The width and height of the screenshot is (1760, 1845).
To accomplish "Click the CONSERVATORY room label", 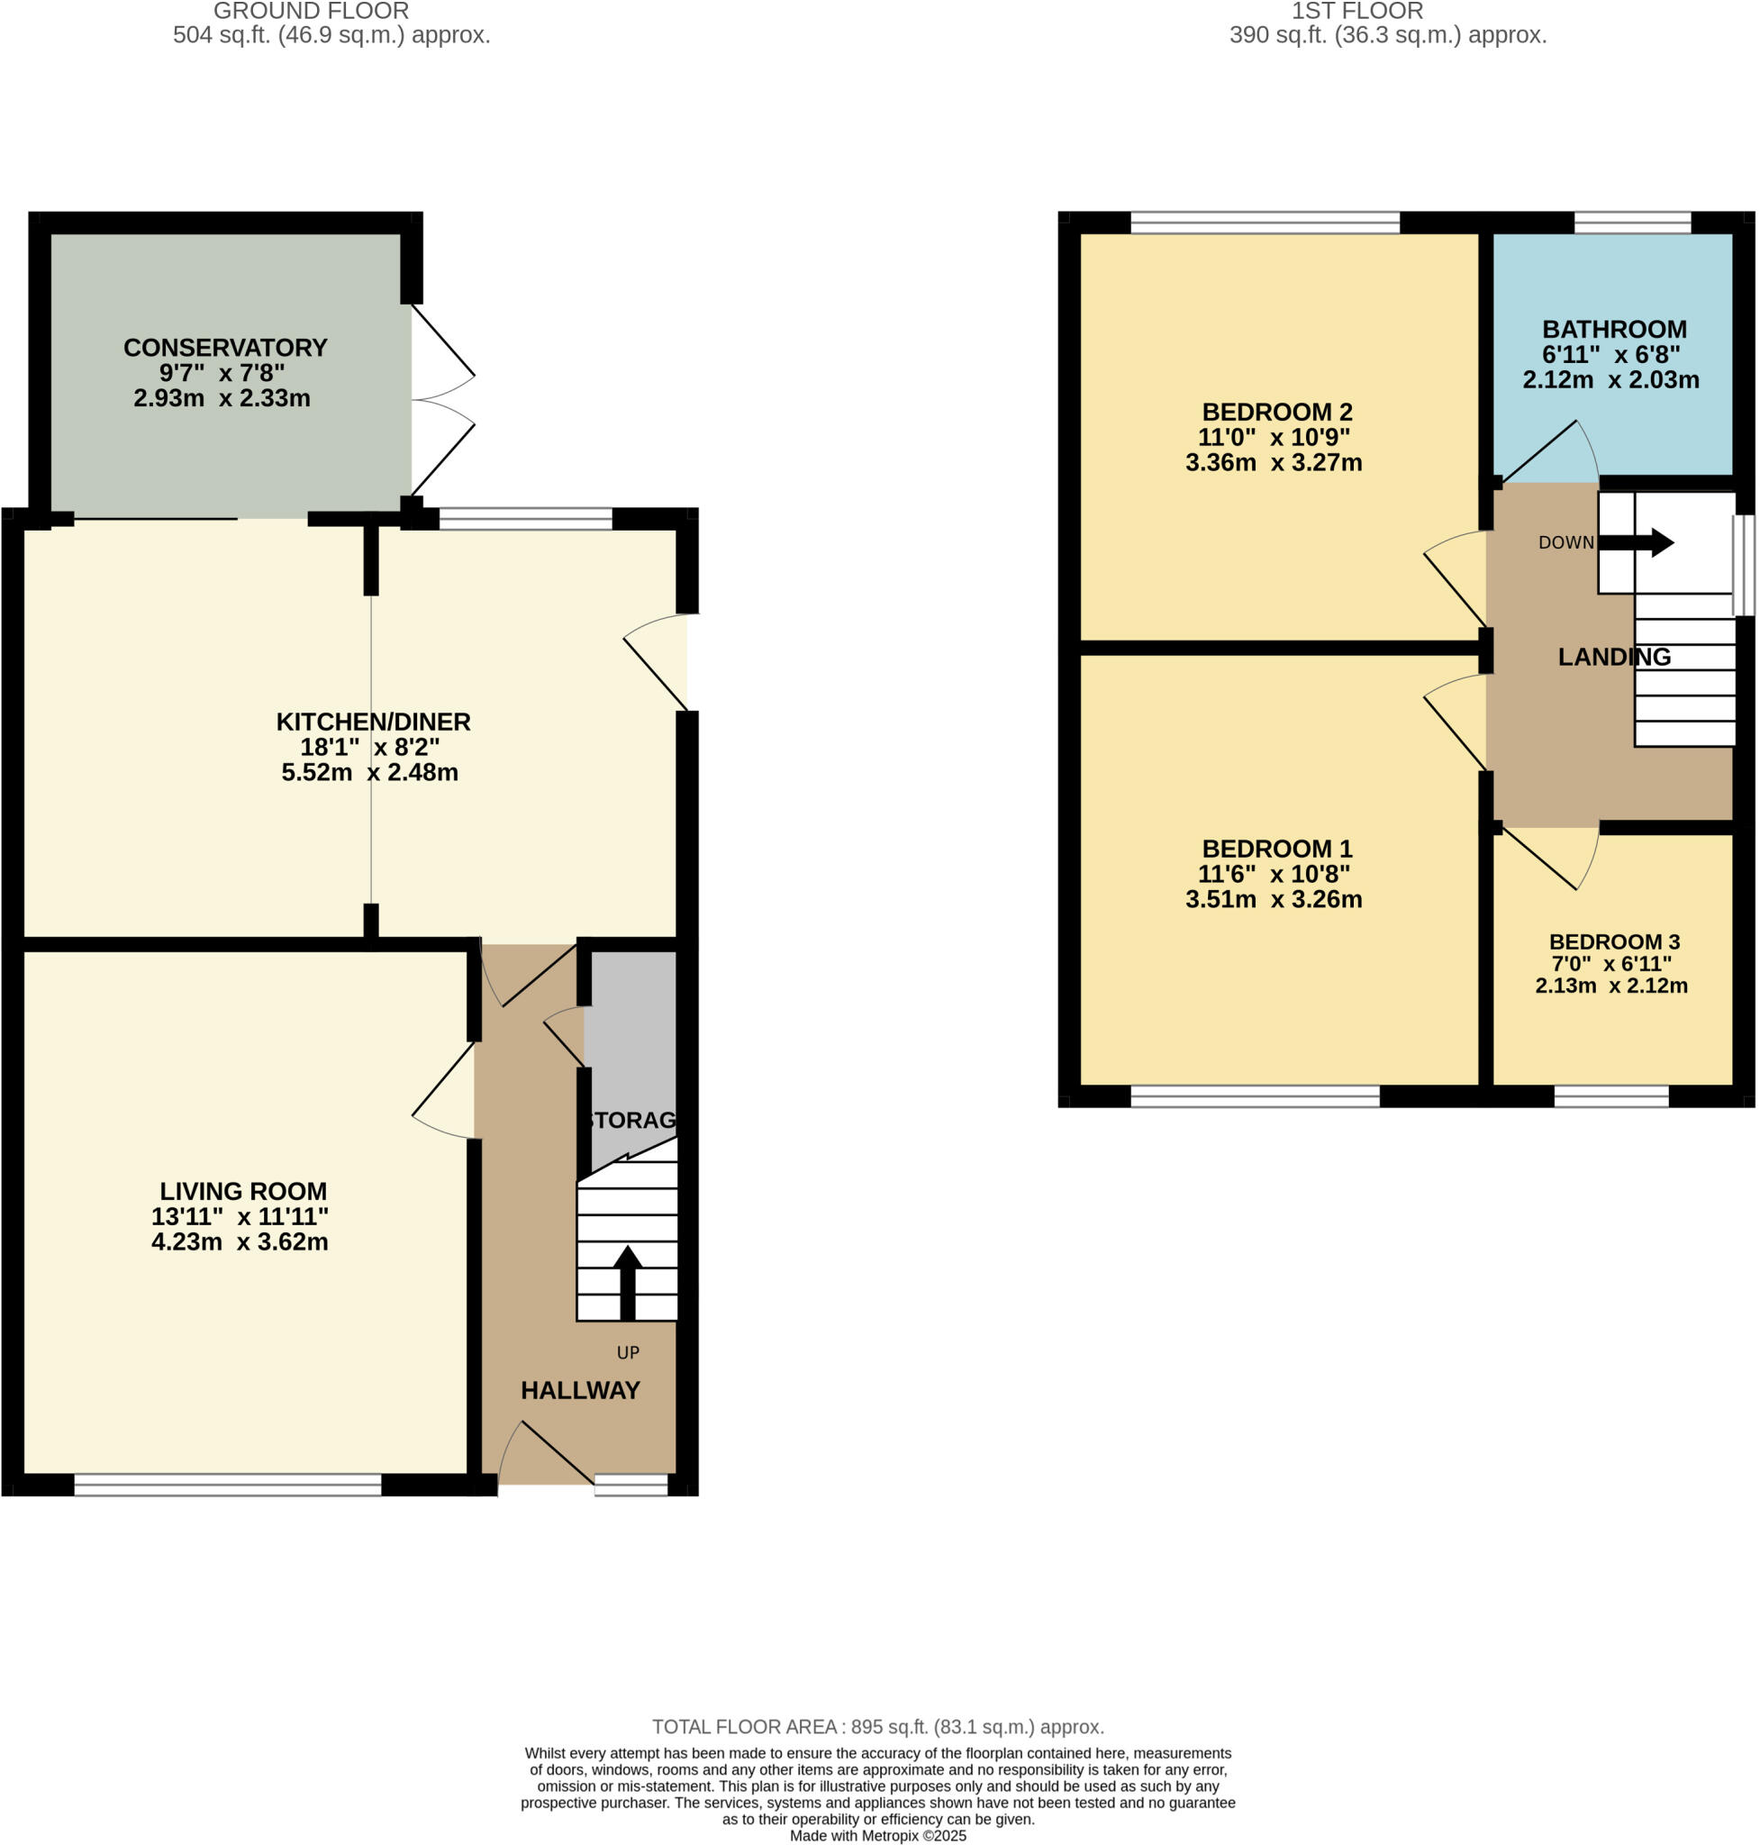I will point(225,347).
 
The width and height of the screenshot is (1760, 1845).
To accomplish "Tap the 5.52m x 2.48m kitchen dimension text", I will point(369,772).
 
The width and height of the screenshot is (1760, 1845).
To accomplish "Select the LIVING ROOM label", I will point(243,1191).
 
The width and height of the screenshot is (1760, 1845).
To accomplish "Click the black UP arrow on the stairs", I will point(627,1281).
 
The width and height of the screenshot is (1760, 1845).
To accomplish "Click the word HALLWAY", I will point(580,1390).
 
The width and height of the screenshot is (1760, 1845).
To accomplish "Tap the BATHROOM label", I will point(1614,330).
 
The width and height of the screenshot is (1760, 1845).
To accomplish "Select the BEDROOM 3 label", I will point(1614,941).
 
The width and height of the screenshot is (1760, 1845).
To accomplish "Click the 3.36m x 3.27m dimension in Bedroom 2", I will point(1273,463).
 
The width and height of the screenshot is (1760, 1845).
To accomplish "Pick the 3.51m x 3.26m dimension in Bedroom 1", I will point(1273,899).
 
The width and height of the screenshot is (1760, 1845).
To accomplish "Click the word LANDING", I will point(1614,657).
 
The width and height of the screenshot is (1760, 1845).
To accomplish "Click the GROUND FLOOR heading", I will point(311,12).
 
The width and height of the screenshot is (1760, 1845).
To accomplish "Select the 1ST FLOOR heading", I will point(1356,12).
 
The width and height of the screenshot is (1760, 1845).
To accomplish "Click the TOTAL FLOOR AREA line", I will point(877,1727).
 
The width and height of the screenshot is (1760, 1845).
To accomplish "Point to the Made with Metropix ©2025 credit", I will point(877,1836).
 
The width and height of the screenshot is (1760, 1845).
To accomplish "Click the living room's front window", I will point(227,1484).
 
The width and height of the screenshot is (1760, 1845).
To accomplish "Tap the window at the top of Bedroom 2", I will point(1264,223).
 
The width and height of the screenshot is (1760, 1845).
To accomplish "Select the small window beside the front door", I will point(631,1484).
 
